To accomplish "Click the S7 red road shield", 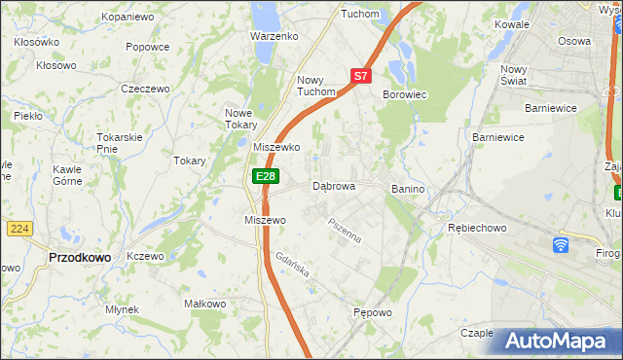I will [360, 75].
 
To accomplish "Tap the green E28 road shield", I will [266, 176].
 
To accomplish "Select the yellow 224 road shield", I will [19, 228].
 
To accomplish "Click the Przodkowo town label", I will [79, 257].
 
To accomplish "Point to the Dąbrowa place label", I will [334, 186].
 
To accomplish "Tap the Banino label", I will [410, 188].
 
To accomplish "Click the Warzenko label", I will [274, 36].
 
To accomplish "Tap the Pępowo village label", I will [373, 312].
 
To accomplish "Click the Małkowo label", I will [204, 304].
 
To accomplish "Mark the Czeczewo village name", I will [145, 89].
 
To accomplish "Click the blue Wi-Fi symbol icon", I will [561, 245].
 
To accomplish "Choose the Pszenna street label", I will [345, 231].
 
